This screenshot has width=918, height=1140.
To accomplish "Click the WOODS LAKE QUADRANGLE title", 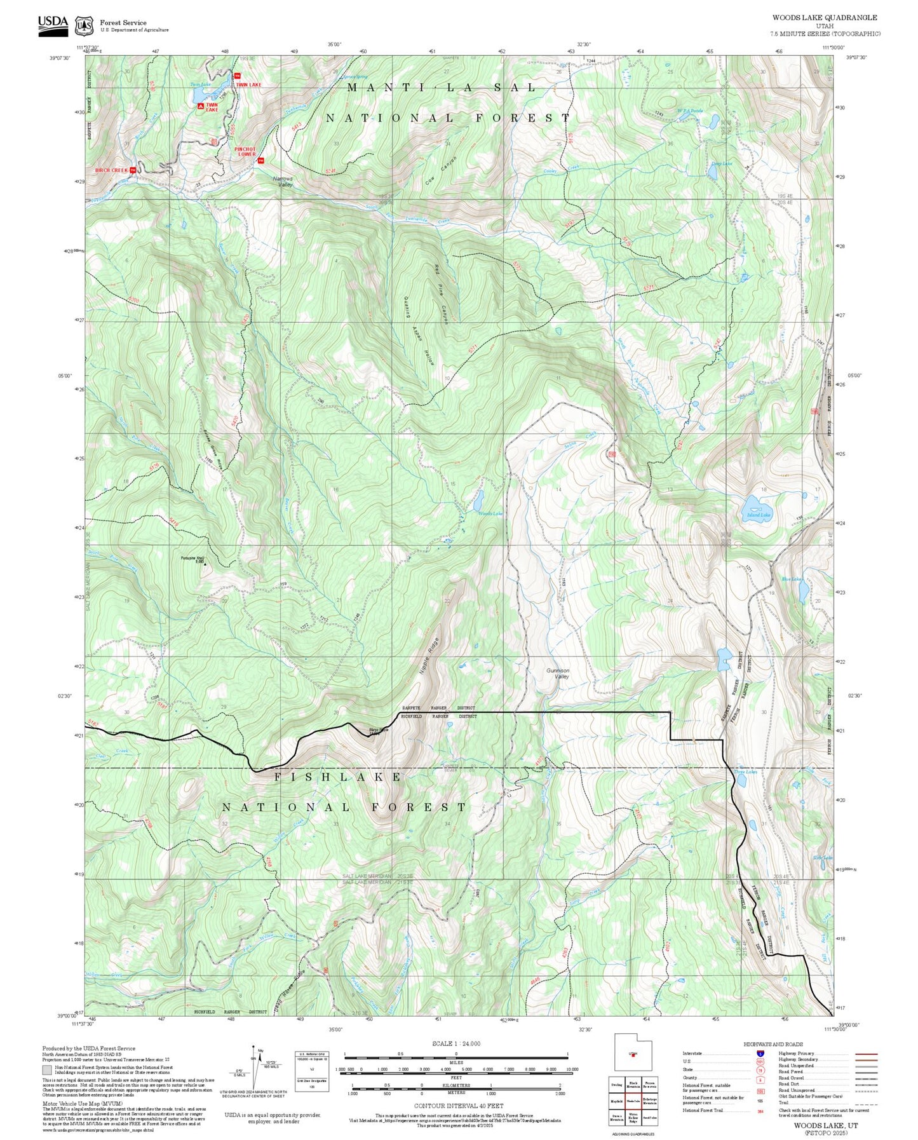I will point(824,18).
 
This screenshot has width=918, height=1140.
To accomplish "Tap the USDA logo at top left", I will point(53,24).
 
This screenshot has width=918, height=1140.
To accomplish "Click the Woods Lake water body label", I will point(490,513).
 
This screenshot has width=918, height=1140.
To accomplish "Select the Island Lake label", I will point(759,515).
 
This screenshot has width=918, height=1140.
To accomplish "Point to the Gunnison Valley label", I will point(558,674).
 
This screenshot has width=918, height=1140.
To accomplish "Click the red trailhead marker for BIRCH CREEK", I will point(132,170).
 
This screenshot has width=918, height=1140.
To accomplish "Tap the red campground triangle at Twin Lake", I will point(201,106).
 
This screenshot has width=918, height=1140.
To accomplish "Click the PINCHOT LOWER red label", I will point(246,152).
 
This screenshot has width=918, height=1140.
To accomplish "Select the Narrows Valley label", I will point(283,181).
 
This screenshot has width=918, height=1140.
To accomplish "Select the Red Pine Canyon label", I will point(442,294).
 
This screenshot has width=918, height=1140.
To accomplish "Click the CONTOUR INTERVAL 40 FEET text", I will point(458,1106).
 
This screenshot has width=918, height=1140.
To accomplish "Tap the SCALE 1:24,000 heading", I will point(456,1043).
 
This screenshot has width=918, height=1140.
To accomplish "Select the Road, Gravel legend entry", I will point(791,1078).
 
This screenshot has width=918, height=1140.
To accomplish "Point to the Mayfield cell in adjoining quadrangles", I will point(616,1101).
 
